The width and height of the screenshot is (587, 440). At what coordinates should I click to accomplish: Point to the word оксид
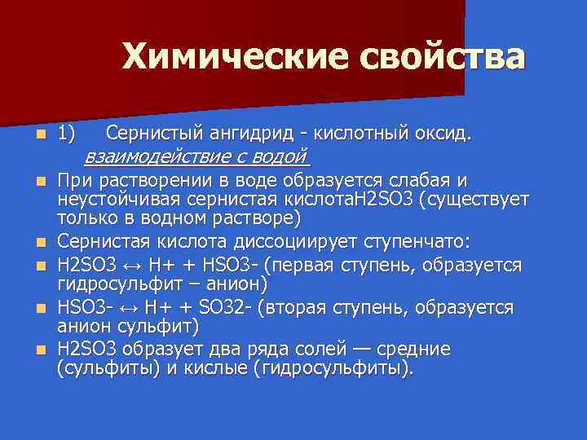pyautogui.click(x=443, y=133)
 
